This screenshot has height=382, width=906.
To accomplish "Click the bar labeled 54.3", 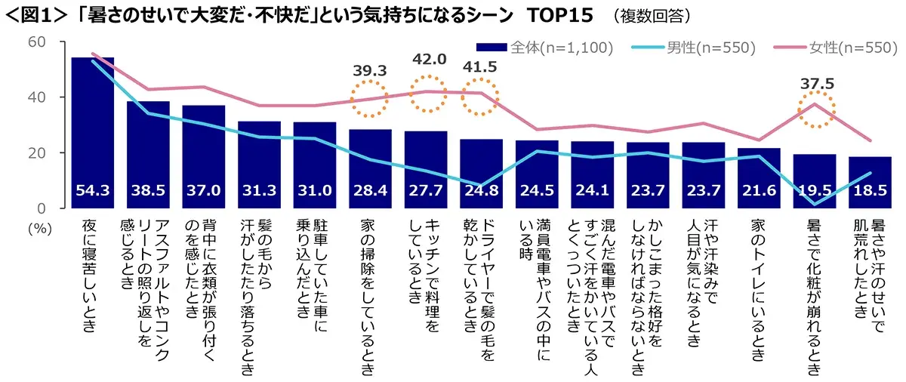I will (92, 128).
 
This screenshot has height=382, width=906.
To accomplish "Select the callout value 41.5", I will (480, 66).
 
